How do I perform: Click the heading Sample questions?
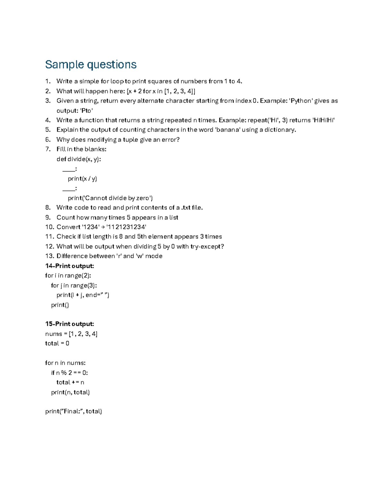point(91,64)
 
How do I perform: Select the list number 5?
point(48,130)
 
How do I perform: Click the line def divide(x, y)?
point(79,159)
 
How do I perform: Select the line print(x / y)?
point(82,179)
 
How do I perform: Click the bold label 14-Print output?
point(70,266)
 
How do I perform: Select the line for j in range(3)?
point(74,285)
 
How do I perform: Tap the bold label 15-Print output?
point(70,324)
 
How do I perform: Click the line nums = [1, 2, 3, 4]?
point(71,334)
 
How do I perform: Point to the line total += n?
point(70,382)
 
